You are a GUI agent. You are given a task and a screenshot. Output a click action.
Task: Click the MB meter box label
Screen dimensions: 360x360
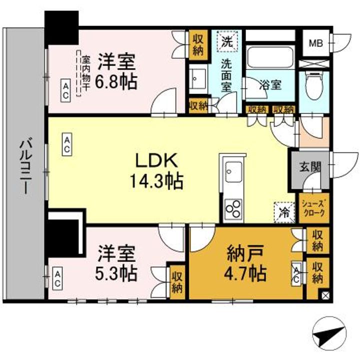coord(315,43)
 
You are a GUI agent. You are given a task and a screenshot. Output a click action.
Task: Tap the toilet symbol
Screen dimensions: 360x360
coord(314,85)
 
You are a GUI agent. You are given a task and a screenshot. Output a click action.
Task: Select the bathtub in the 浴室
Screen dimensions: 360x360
coord(269,59)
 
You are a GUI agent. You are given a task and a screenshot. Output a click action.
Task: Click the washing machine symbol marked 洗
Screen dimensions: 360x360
coord(227,42)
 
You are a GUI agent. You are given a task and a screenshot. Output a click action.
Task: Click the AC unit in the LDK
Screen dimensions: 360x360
coord(66,145)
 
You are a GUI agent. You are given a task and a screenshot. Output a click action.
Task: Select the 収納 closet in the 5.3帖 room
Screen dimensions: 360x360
coord(176,281)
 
